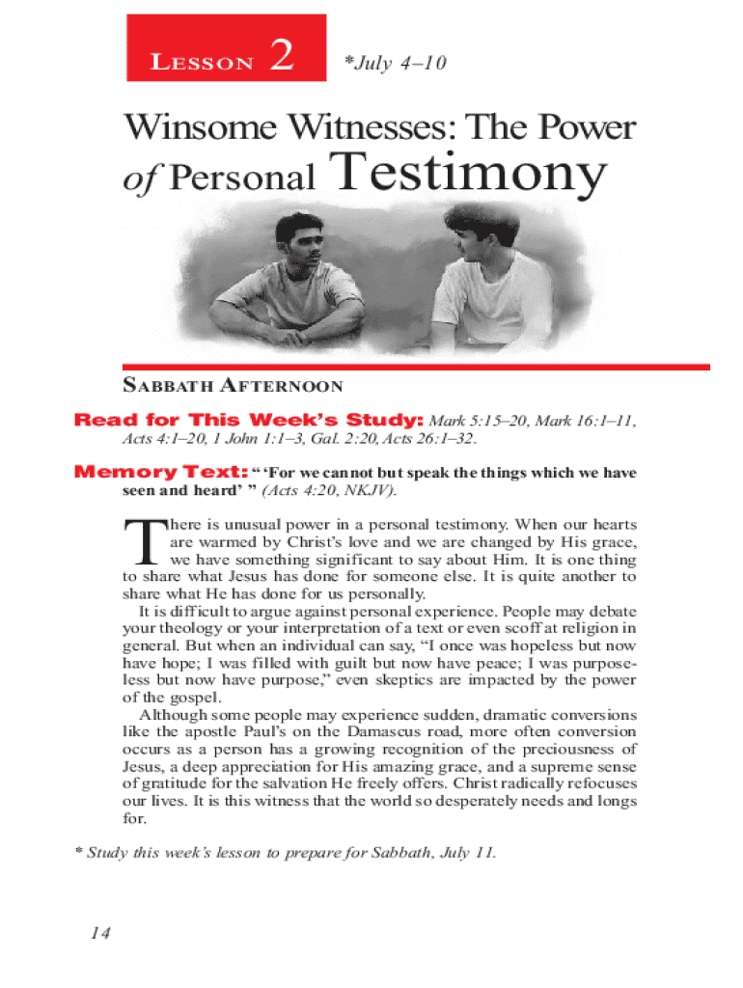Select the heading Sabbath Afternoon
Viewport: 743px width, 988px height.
click(233, 387)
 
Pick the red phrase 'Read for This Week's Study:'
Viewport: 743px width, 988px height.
click(249, 421)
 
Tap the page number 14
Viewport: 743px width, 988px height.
click(100, 933)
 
